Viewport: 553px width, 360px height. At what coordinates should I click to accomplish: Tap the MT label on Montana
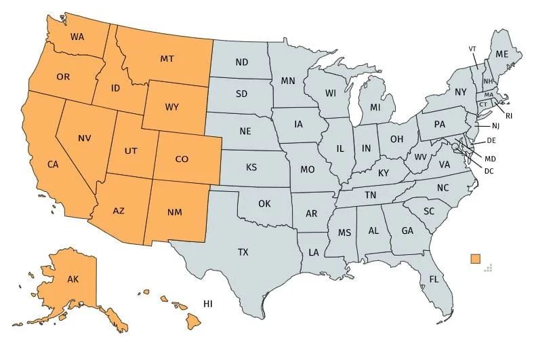(x=167, y=59)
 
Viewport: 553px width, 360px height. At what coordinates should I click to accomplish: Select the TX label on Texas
(x=243, y=252)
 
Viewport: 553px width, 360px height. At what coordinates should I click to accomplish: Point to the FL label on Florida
(x=434, y=279)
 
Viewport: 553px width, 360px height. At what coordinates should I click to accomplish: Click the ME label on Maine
(x=502, y=54)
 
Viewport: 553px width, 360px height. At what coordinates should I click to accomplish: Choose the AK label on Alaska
(x=73, y=279)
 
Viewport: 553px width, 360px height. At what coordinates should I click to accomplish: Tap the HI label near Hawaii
(x=208, y=304)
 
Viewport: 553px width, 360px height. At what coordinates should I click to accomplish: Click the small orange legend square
(x=475, y=258)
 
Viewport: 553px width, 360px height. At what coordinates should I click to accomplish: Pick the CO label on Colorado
(x=182, y=159)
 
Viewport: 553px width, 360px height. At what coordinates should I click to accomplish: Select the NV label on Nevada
(x=85, y=138)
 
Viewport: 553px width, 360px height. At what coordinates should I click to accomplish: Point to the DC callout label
(x=489, y=170)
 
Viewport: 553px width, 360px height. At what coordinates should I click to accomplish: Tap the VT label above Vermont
(x=472, y=49)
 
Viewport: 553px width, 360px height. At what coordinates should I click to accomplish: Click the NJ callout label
(x=495, y=125)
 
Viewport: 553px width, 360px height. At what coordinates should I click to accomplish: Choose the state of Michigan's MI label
(x=375, y=107)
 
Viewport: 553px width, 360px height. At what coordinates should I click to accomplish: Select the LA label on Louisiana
(x=314, y=252)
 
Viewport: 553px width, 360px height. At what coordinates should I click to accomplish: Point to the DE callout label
(x=492, y=140)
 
